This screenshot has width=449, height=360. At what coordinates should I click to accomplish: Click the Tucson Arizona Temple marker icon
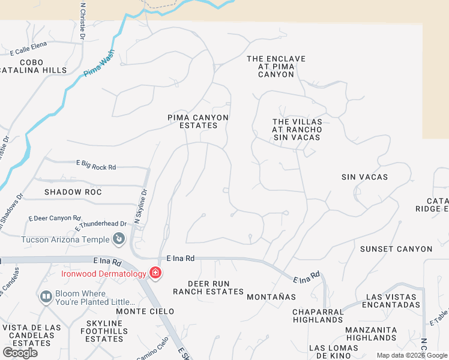click(119, 239)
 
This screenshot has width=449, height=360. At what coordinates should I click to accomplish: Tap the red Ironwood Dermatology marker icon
click(155, 274)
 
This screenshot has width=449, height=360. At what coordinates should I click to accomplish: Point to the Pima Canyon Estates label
click(197, 122)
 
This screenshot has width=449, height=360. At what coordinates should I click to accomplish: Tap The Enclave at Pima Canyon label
click(276, 67)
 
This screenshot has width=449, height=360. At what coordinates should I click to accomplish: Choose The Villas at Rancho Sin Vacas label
click(297, 130)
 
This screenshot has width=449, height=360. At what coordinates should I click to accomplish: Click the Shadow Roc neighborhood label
click(73, 192)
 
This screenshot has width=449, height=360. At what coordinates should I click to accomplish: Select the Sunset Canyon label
click(396, 249)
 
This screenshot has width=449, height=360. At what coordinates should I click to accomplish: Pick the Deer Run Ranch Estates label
click(208, 287)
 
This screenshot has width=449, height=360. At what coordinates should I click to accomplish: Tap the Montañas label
click(271, 297)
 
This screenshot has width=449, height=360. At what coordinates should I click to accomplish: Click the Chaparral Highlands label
click(318, 316)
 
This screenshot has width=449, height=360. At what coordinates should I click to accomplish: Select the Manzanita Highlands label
click(371, 334)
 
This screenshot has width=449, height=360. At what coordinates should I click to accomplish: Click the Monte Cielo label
click(145, 311)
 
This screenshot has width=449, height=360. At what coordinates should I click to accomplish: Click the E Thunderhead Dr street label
click(101, 225)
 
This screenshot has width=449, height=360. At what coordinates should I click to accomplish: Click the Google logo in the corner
click(20, 353)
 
